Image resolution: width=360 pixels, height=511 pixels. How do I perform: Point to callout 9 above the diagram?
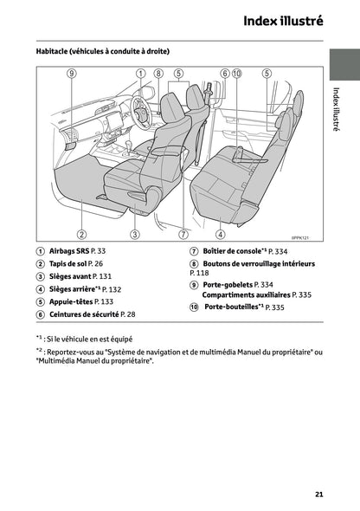pos(72,74)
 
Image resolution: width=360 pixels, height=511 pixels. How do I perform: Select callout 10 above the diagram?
pos(237,74)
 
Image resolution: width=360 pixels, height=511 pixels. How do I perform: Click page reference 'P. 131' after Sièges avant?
pos(103,276)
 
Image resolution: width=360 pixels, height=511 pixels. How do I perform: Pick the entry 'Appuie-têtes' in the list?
pos(70,301)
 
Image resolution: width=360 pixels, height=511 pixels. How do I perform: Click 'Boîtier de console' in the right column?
pos(228,250)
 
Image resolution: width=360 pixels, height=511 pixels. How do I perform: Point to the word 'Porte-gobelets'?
pos(228,284)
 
